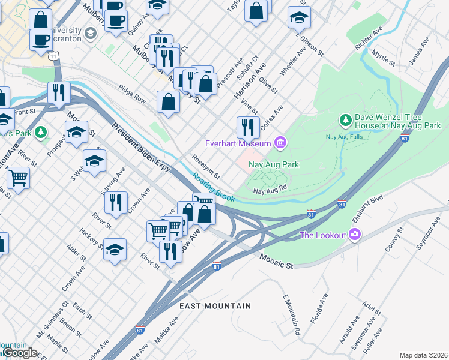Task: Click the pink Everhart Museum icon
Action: coord(279,143)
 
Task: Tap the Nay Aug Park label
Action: coord(274,164)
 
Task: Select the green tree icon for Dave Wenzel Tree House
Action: coord(346,121)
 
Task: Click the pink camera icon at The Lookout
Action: coord(355,235)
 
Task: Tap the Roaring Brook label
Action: coord(213,187)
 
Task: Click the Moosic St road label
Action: coord(276,261)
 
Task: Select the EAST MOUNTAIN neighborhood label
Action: coord(215,306)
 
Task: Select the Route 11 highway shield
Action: coord(55,55)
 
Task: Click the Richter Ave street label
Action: coord(369,37)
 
